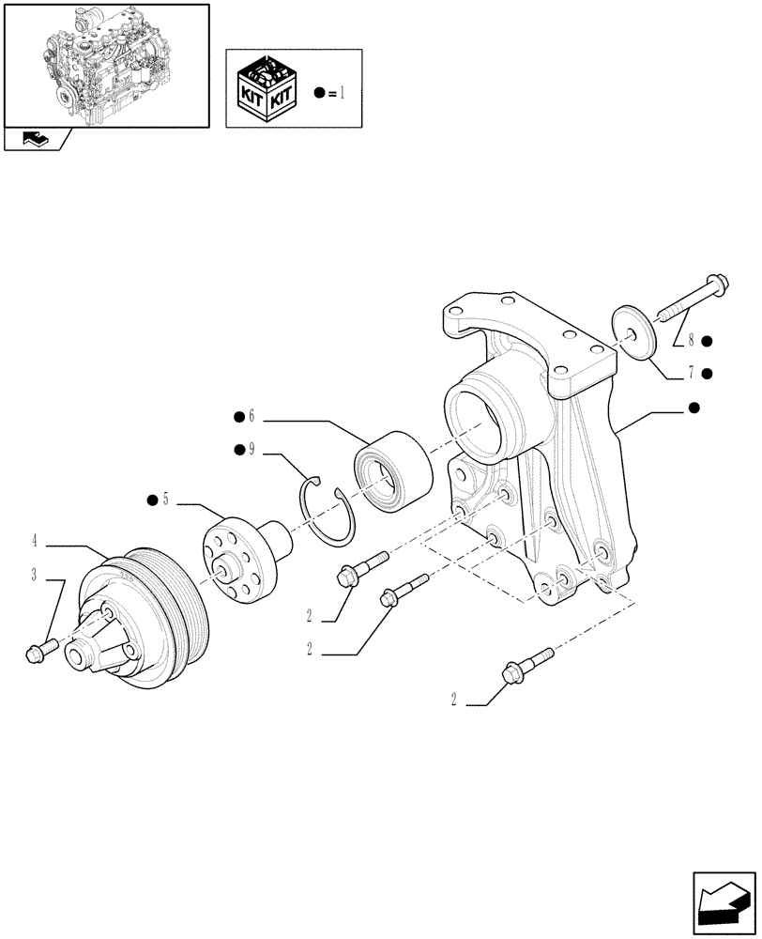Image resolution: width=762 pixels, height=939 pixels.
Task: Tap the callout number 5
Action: point(165,500)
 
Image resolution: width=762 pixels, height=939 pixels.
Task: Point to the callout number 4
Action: point(34,541)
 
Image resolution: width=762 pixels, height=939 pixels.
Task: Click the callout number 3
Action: point(34,575)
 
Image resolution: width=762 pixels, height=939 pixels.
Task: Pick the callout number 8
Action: point(691,341)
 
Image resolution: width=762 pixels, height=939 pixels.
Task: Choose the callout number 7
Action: point(691,373)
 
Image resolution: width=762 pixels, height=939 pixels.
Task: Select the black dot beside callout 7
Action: point(707,373)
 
